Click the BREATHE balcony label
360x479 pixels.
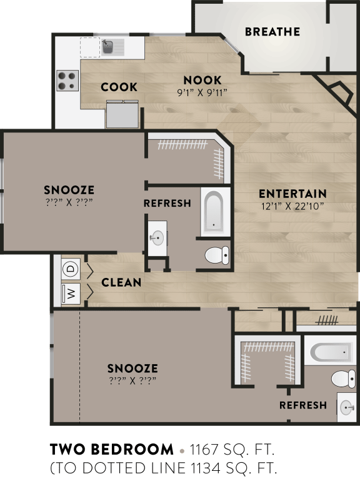pyautogui.click(x=272, y=31)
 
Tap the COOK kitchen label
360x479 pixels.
pyautogui.click(x=119, y=87)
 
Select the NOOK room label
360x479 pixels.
pyautogui.click(x=202, y=80)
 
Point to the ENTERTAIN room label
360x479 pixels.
pyautogui.click(x=292, y=194)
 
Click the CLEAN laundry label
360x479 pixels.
pyautogui.click(x=121, y=282)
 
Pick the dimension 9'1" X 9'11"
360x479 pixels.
pyautogui.click(x=202, y=92)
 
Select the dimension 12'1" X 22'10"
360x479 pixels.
pyautogui.click(x=292, y=205)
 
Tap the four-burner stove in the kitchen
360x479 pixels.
pyautogui.click(x=67, y=81)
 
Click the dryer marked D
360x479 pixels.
pyautogui.click(x=70, y=269)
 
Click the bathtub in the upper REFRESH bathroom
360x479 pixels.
pyautogui.click(x=213, y=212)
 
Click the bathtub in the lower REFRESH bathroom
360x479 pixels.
pyautogui.click(x=328, y=352)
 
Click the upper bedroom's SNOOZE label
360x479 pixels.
pyautogui.click(x=69, y=190)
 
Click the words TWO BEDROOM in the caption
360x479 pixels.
pyautogui.click(x=111, y=449)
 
